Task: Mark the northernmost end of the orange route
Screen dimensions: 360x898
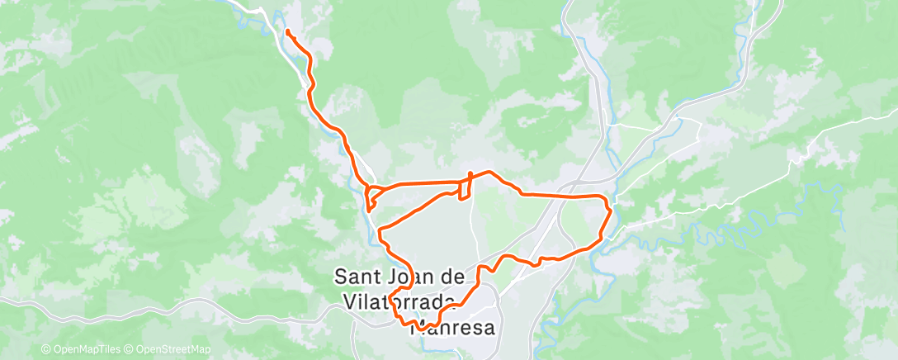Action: click(x=287, y=31)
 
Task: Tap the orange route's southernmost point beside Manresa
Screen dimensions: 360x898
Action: click(x=421, y=330)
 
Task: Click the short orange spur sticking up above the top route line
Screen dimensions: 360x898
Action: click(x=470, y=175)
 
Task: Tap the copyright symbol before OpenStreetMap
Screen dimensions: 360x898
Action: click(x=131, y=350)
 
